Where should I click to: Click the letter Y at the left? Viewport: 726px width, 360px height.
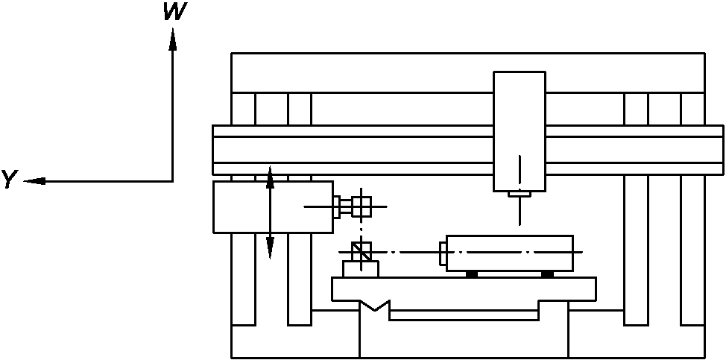[10, 179]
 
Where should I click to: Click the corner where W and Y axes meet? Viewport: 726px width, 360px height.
[172, 180]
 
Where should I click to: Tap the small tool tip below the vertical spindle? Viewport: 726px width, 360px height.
[520, 195]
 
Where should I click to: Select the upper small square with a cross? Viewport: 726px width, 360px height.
[361, 206]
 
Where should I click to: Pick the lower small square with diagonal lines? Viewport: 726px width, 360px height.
[361, 251]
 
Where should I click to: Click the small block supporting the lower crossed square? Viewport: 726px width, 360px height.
[360, 268]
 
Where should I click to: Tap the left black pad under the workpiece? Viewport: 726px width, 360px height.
[471, 274]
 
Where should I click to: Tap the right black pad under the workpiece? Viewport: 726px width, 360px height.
[547, 274]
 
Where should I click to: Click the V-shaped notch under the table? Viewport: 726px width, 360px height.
[375, 306]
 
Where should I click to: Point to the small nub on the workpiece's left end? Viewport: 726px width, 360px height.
[443, 253]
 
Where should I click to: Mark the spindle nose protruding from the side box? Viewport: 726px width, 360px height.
[341, 206]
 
